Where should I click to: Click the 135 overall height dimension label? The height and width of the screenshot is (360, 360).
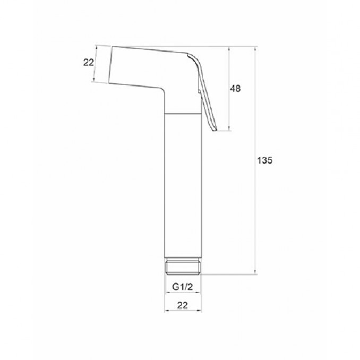pyautogui.click(x=264, y=160)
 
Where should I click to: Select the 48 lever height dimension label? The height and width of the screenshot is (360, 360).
pyautogui.click(x=235, y=89)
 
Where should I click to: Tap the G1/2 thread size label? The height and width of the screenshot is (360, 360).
pyautogui.click(x=183, y=287)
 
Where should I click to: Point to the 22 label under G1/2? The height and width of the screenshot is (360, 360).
pyautogui.click(x=183, y=305)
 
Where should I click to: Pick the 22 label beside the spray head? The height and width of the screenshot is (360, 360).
pyautogui.click(x=89, y=63)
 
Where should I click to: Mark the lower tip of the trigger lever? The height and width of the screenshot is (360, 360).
pyautogui.click(x=215, y=131)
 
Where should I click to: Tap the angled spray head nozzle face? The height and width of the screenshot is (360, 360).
pyautogui.click(x=110, y=65)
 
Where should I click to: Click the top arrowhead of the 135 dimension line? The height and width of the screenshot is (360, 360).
pyautogui.click(x=255, y=48)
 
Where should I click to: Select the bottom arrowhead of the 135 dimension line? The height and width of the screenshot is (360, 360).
pyautogui.click(x=255, y=272)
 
